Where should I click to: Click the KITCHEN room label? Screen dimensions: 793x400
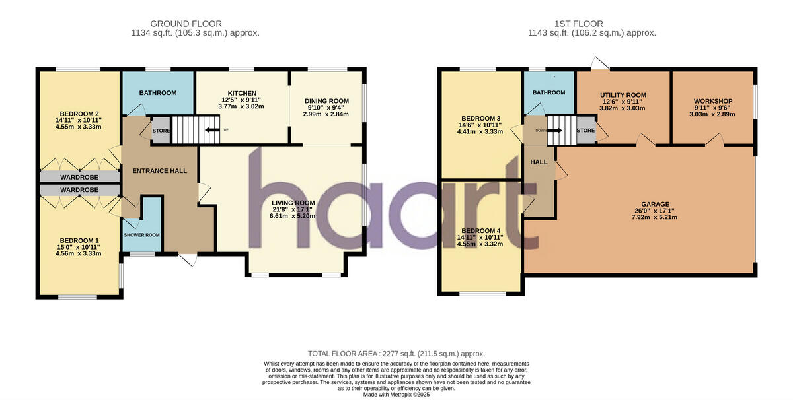click(x=242, y=93)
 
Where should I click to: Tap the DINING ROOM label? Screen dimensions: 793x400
click(x=326, y=101)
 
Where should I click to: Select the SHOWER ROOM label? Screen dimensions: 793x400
click(x=141, y=235)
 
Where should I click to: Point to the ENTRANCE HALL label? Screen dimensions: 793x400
click(x=160, y=171)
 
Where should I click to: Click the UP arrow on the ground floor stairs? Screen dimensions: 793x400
click(x=212, y=130)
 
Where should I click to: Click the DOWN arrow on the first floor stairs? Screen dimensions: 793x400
click(x=554, y=131)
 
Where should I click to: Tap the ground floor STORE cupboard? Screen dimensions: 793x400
click(x=161, y=131)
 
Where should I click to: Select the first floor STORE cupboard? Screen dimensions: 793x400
click(x=585, y=130)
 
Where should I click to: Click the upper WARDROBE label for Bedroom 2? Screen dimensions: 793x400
click(x=79, y=177)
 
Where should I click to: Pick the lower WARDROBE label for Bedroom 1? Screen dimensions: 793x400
click(x=79, y=190)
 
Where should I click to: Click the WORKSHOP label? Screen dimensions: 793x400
click(x=712, y=101)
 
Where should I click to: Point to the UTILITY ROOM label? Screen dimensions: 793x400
click(x=623, y=95)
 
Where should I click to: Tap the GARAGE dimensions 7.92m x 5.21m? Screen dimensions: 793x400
click(x=655, y=217)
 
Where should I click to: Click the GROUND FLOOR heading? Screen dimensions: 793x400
click(x=186, y=24)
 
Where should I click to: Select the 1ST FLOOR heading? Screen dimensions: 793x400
click(x=578, y=24)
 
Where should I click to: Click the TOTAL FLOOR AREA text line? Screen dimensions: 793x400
click(x=397, y=354)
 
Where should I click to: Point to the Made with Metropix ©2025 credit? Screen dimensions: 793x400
click(x=397, y=395)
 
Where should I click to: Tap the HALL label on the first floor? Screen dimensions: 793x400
click(x=539, y=162)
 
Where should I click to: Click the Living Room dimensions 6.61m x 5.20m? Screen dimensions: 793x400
click(x=292, y=216)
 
